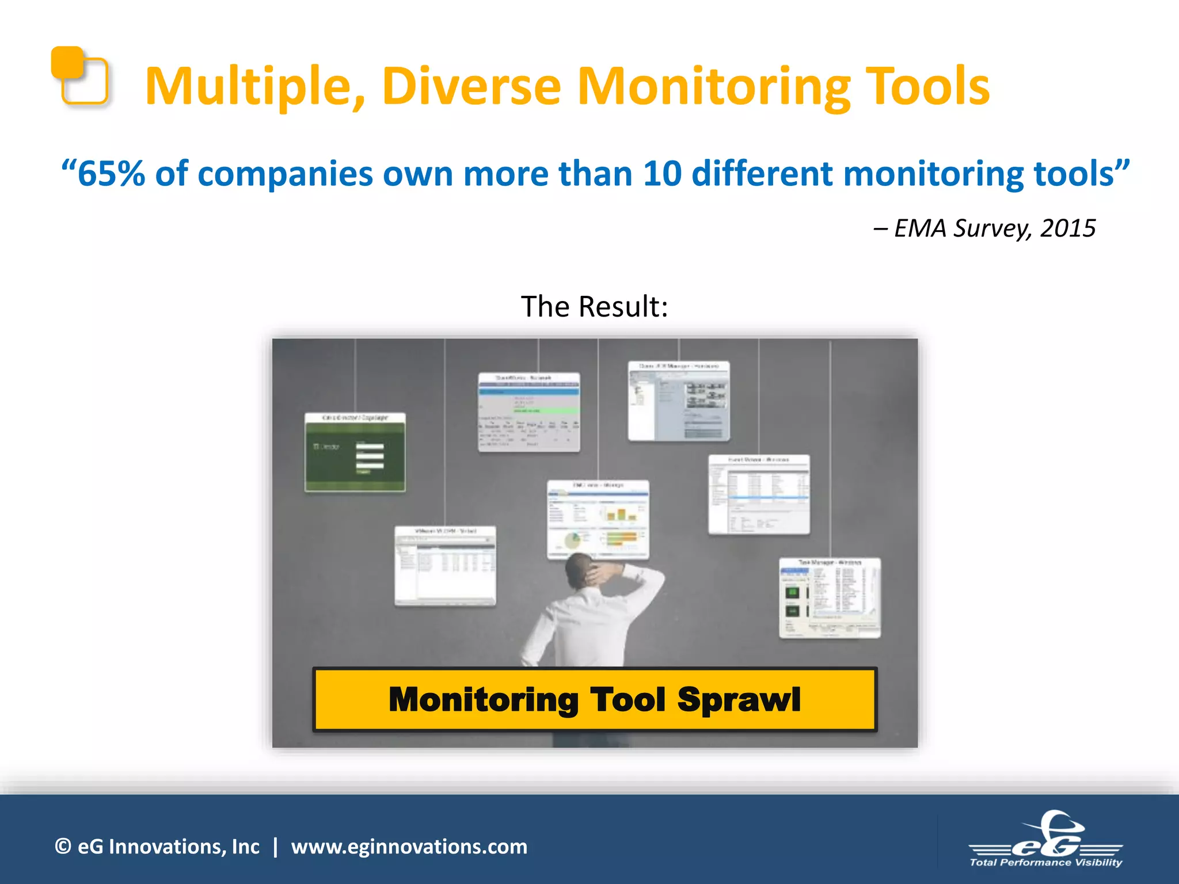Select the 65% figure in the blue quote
(111, 174)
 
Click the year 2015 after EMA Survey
(1067, 228)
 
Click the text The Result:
(594, 306)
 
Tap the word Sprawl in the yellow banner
(739, 700)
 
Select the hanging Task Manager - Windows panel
(830, 597)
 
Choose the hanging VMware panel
(445, 566)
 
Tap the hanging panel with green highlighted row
(528, 412)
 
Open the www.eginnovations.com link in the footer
(409, 847)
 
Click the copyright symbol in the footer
(63, 847)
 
